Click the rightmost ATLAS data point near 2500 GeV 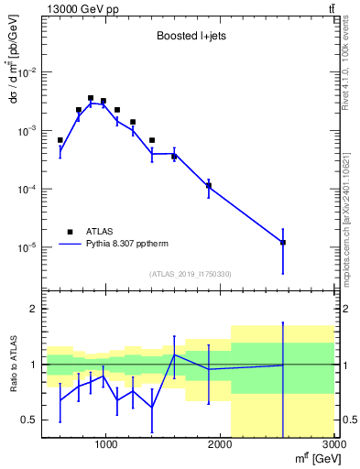pyautogui.click(x=283, y=243)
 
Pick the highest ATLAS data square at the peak pyautogui.click(x=91, y=98)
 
